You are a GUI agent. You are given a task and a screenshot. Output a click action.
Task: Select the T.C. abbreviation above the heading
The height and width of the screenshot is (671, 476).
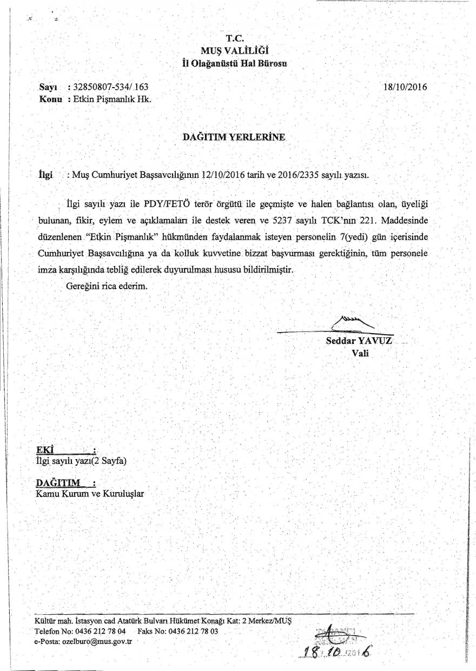(x=236, y=39)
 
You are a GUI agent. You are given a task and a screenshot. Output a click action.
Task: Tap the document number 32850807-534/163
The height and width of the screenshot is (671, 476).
(x=110, y=87)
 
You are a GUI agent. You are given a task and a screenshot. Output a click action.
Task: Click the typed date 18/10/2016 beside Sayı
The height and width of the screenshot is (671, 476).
(x=405, y=86)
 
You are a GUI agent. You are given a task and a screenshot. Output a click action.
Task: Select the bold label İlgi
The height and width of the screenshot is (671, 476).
(x=45, y=175)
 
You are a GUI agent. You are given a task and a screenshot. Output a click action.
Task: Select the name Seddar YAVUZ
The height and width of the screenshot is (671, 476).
(x=360, y=341)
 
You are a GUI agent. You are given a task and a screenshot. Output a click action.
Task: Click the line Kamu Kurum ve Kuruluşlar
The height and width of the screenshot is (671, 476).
(x=90, y=494)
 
